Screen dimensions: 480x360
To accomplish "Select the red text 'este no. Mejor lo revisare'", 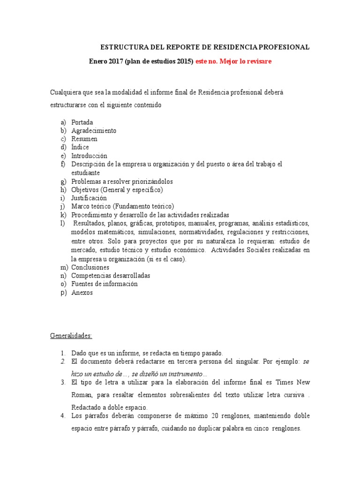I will pyautogui.click(x=233, y=61).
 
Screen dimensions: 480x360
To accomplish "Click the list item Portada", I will pyautogui.click(x=82, y=122).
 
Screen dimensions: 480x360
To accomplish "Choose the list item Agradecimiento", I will pyautogui.click(x=94, y=131).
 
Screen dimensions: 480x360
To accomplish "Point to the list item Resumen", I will pyautogui.click(x=84, y=139).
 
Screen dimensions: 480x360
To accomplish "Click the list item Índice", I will pyautogui.click(x=80, y=147).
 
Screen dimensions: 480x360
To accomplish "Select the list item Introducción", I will pyautogui.click(x=89, y=156).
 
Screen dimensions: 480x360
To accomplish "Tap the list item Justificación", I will pyautogui.click(x=89, y=198).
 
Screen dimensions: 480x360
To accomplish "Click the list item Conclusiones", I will pyautogui.click(x=90, y=267).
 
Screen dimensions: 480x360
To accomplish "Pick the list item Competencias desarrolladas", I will pyautogui.click(x=111, y=276).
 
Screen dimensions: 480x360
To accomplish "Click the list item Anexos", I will pyautogui.click(x=82, y=292).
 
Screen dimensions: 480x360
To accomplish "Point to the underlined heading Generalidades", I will pyautogui.click(x=71, y=336).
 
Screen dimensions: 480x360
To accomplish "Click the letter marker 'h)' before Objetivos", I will pyautogui.click(x=63, y=189).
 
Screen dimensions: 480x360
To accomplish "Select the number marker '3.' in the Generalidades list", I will pyautogui.click(x=63, y=382).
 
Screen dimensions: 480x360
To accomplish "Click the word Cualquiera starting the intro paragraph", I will pyautogui.click(x=65, y=92).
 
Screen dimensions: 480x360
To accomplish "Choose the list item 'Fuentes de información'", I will pyautogui.click(x=105, y=284).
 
